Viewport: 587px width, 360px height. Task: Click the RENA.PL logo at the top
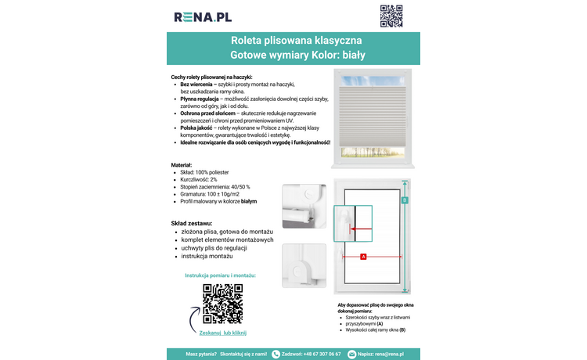coord(203,16)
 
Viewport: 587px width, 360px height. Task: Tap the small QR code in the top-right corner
coord(391,16)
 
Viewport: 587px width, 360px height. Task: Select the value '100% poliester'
coord(214,171)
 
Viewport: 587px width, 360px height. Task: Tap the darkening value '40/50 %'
coord(237,186)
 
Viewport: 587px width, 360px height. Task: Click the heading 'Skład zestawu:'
coord(195,223)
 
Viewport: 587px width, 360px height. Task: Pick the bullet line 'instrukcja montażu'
coord(207,256)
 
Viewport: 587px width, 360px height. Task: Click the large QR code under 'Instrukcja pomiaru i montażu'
coord(223,304)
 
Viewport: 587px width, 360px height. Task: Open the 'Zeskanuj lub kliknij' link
coord(223,333)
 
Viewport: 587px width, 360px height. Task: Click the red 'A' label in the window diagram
coord(363,257)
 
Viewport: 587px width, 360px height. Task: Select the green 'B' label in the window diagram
coord(405,200)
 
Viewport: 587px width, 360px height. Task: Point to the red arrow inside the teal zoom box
coord(361,229)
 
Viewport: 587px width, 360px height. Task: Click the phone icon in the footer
coord(275,354)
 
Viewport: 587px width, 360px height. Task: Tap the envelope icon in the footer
coord(352,354)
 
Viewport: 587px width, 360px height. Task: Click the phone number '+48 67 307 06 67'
coord(322,354)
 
